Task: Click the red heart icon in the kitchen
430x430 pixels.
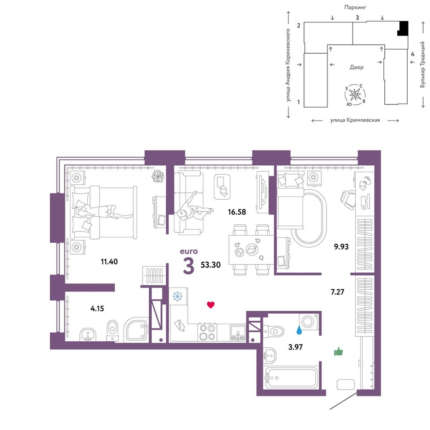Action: (211, 305)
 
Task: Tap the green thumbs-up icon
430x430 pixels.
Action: (339, 352)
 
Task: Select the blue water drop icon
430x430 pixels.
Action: (299, 330)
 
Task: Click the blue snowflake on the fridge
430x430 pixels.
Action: (177, 297)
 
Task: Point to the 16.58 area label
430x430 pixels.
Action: (237, 212)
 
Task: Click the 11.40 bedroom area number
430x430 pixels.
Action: (109, 262)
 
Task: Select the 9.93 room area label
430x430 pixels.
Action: (341, 246)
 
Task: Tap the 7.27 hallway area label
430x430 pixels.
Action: (337, 292)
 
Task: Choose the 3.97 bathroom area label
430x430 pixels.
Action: (295, 347)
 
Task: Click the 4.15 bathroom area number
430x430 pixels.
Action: (97, 309)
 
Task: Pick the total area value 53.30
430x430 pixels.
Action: (211, 265)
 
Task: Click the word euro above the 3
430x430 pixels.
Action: (189, 251)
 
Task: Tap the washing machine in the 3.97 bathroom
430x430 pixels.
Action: (309, 321)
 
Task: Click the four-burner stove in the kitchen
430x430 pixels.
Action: (207, 332)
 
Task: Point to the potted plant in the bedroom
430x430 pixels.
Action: (158, 176)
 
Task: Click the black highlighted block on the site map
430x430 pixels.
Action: (403, 28)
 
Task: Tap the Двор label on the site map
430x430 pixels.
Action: (357, 67)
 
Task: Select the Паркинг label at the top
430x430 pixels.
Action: (355, 8)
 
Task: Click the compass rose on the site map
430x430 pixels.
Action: (355, 95)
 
